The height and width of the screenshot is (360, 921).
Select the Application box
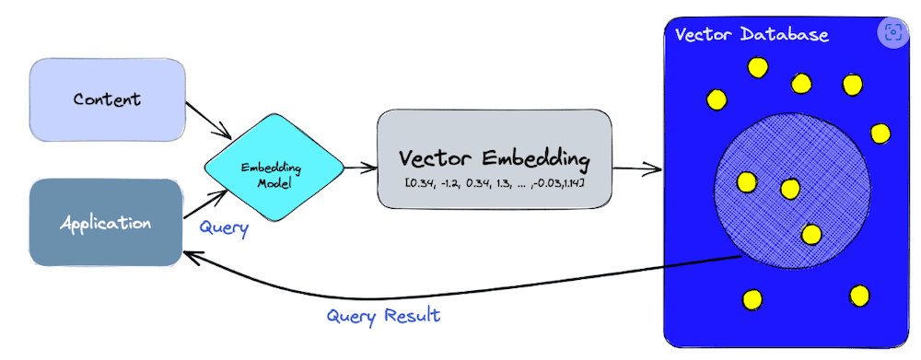pos(106,223)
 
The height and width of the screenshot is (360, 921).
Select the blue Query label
pos(224,229)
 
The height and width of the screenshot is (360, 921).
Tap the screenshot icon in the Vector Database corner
pos(892,33)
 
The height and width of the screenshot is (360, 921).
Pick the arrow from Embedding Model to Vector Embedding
pos(359,168)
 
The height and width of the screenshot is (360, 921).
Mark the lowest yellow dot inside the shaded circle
pos(810,234)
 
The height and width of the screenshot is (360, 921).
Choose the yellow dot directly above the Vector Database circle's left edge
pos(717,98)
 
